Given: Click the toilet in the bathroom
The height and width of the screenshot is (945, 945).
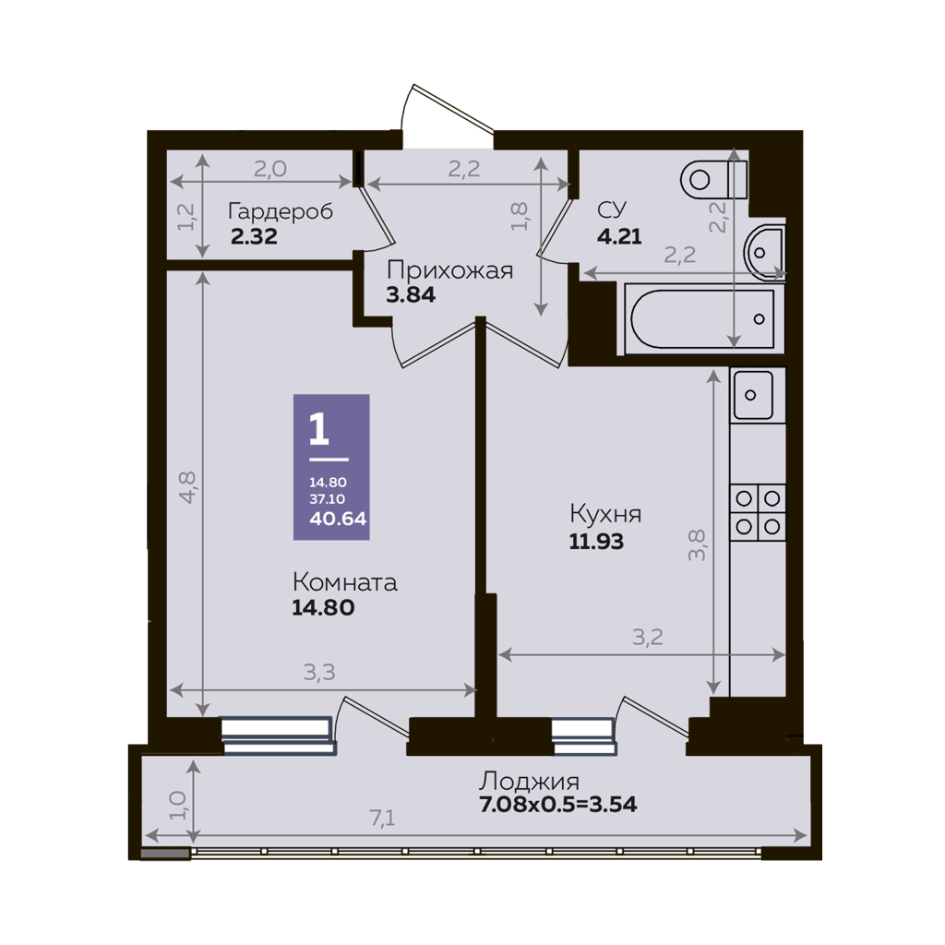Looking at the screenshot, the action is point(714,179).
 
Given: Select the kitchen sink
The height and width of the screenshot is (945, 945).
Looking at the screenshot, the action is point(751,395).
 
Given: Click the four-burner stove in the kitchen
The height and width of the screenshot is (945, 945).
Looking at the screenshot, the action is point(758,512).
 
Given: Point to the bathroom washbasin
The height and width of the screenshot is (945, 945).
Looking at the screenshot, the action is point(764,252).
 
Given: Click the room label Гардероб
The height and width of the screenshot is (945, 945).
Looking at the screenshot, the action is point(281,212).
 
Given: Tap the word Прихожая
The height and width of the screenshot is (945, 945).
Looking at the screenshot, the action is point(449,270).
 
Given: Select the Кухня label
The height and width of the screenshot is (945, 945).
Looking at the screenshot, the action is point(605,514).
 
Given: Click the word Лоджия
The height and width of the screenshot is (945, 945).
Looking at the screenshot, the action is point(529,782).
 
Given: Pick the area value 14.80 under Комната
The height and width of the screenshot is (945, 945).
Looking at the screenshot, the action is point(323,607).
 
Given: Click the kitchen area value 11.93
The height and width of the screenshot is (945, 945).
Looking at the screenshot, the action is point(596,541).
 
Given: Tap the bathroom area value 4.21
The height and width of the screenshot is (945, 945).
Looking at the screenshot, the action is point(619,236).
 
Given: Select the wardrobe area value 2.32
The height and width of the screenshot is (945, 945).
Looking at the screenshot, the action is point(254,236).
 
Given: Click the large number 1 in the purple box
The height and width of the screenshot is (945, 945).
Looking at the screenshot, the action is point(318,428).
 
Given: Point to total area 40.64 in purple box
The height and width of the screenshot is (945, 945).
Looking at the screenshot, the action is point(338,519).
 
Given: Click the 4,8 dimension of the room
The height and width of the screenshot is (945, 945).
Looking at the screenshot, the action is point(187,487).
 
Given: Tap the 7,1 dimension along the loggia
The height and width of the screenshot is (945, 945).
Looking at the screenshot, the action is point(382,818).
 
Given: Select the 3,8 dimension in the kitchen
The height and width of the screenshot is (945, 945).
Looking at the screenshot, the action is point(697,544).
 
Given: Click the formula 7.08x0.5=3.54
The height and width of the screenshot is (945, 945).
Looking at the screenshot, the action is point(558,805).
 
